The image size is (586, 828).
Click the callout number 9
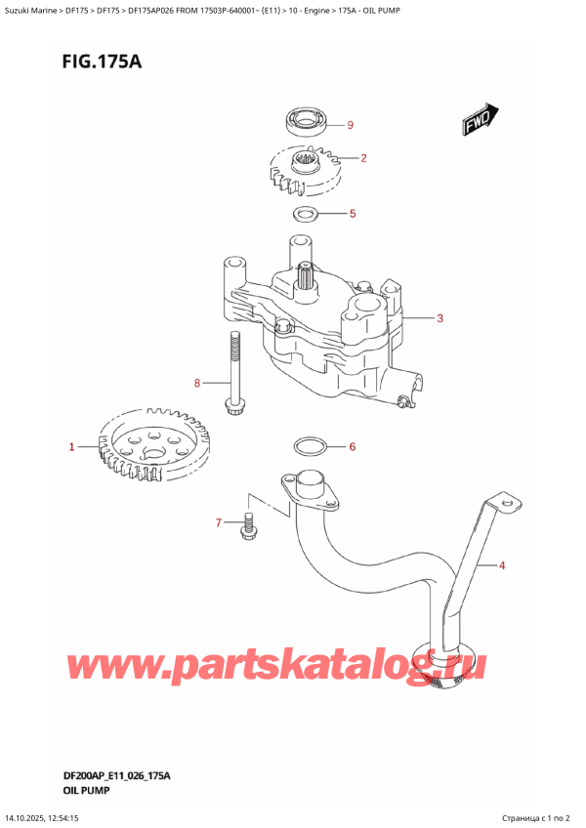click(x=350, y=125)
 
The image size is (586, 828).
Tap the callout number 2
click(x=363, y=158)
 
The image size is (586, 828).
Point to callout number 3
click(x=440, y=318)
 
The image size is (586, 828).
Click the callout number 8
click(x=196, y=383)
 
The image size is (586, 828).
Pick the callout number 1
click(x=71, y=448)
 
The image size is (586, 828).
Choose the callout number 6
click(x=353, y=447)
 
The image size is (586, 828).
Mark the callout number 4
click(x=502, y=564)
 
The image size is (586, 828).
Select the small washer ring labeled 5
click(x=306, y=214)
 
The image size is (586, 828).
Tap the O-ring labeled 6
click(x=311, y=447)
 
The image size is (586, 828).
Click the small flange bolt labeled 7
click(x=247, y=527)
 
